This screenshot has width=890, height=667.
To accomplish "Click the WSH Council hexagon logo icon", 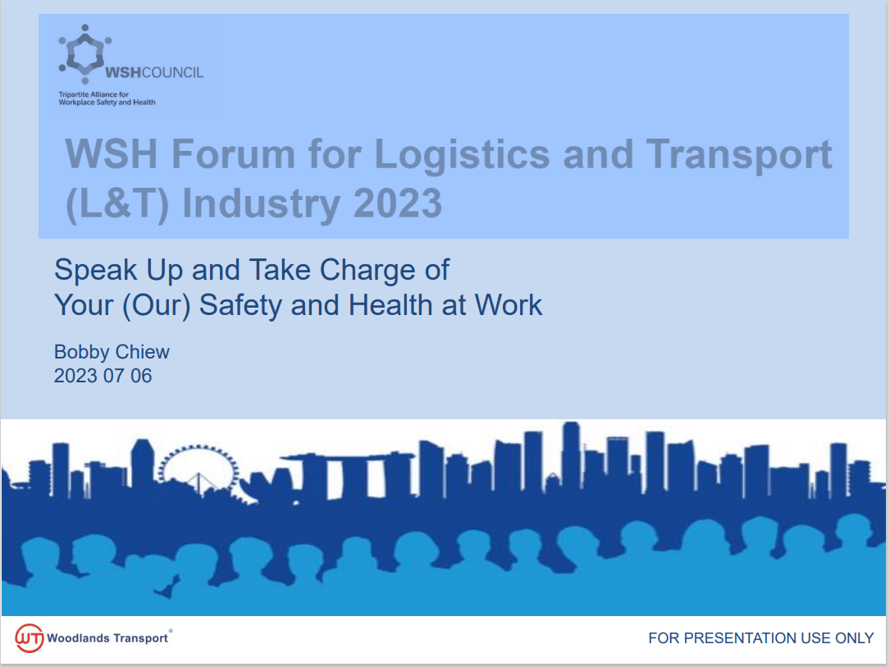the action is click(x=85, y=54).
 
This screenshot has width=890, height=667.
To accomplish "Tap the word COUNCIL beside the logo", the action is click(x=172, y=73).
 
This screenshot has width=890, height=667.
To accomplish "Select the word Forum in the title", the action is click(x=233, y=153).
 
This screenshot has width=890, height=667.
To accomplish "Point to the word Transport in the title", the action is click(x=739, y=154).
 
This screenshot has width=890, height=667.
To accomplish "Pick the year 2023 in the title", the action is click(x=397, y=203).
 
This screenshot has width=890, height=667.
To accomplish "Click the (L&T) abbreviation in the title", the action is click(x=117, y=204).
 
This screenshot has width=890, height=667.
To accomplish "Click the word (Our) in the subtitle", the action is click(x=156, y=306).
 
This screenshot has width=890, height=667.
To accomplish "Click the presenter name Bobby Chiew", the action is click(x=112, y=353).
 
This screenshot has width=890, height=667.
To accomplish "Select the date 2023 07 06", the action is click(x=103, y=376).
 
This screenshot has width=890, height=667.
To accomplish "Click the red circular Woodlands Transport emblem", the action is click(x=30, y=638).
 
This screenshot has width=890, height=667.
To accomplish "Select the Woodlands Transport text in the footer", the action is click(x=107, y=638).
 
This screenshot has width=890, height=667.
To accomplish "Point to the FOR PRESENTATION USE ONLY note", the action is click(x=760, y=638).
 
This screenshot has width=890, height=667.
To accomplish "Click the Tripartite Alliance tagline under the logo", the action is click(x=107, y=98).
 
